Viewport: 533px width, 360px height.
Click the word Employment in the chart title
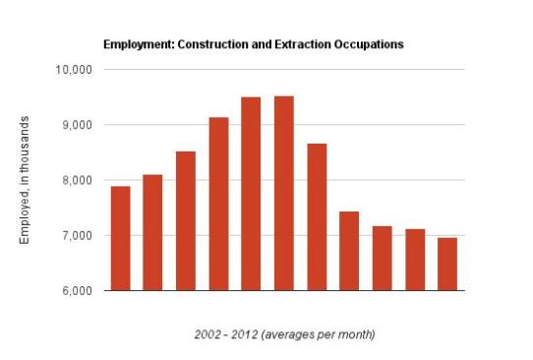(139, 45)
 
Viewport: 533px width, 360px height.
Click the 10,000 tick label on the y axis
(74, 70)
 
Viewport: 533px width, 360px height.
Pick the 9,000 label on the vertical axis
(77, 125)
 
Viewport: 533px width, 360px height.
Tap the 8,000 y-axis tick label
(77, 180)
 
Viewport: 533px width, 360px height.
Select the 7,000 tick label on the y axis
(77, 236)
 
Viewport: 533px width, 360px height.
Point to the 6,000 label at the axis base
(77, 290)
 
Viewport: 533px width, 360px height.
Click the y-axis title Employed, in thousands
(25, 180)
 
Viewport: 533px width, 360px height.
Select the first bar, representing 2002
(121, 238)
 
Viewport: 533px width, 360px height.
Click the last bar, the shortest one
(447, 265)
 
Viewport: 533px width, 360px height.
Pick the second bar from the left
(152, 232)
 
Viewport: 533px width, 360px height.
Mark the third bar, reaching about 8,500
(186, 221)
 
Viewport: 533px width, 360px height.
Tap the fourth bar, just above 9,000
(219, 204)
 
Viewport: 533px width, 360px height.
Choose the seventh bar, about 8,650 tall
(318, 217)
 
